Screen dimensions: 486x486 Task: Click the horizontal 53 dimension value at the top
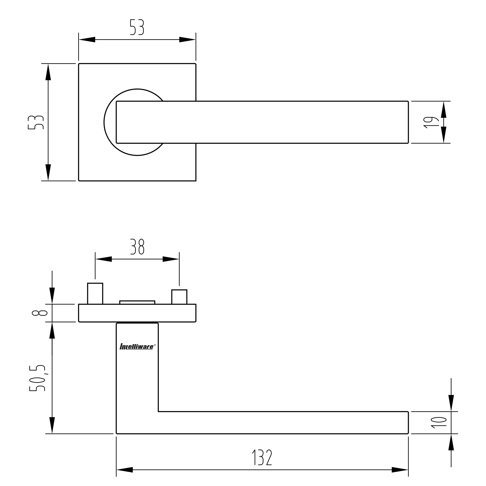tap(137, 27)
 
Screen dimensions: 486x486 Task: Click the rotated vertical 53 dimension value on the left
tap(36, 122)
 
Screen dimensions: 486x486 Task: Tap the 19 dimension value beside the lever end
tap(431, 122)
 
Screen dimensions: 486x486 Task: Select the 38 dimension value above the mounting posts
tap(137, 247)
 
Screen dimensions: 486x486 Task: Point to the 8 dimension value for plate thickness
tap(40, 313)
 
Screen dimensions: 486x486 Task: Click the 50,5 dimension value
tap(38, 378)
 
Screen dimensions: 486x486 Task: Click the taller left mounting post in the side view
tap(95, 294)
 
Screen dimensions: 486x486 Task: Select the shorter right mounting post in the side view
tap(179, 297)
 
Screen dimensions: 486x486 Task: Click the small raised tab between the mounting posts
tap(137, 302)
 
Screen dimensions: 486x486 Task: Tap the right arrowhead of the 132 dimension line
tap(400, 470)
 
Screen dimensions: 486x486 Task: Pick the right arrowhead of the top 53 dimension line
tap(187, 39)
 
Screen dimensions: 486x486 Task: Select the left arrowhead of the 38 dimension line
tap(104, 259)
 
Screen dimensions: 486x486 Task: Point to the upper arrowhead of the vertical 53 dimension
tap(48, 72)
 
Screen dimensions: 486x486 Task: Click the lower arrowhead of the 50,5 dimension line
tap(52, 425)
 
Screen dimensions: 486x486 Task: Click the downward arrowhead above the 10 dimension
tap(451, 403)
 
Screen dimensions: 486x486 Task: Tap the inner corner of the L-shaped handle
tap(158, 412)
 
